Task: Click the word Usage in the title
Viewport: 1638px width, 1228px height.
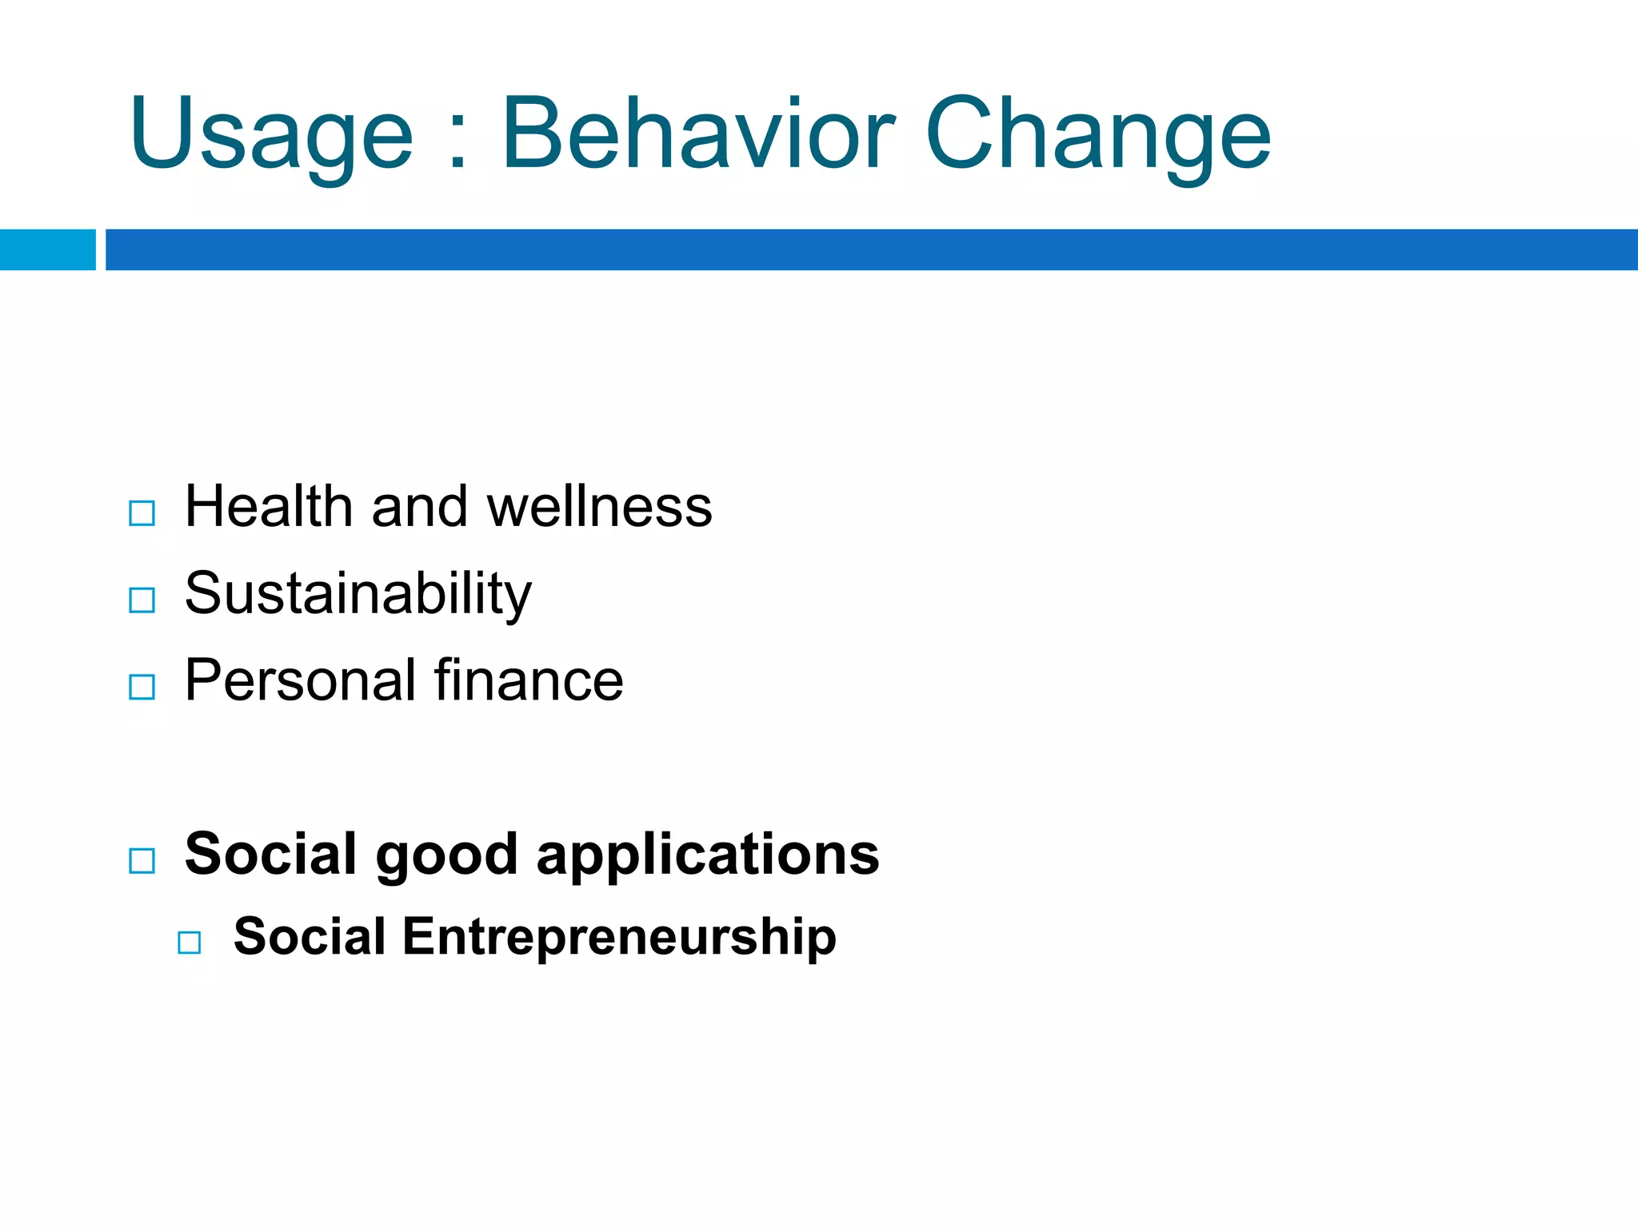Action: tap(270, 134)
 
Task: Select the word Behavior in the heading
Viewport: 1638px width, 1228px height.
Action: tap(698, 133)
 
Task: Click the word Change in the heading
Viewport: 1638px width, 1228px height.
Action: tap(1097, 134)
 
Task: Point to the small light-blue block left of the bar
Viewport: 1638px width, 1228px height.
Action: tap(47, 249)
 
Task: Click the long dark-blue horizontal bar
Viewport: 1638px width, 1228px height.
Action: tap(871, 249)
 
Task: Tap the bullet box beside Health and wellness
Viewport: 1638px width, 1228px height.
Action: tap(142, 512)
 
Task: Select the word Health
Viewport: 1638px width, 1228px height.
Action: tap(269, 507)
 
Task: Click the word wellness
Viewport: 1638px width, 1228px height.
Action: tap(599, 507)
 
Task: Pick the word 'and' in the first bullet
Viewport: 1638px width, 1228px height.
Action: tap(419, 507)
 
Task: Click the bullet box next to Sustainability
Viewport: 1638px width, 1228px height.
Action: tap(142, 600)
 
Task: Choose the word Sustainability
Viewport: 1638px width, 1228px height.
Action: tap(358, 595)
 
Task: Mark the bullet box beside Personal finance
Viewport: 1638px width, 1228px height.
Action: tap(142, 687)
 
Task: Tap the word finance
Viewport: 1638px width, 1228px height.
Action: tap(529, 680)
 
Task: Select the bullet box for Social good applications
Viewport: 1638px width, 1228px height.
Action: tap(142, 861)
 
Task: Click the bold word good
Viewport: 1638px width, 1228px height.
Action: tap(446, 855)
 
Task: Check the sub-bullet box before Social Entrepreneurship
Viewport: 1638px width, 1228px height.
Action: tap(190, 943)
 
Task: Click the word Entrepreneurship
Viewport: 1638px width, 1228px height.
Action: tap(619, 936)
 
